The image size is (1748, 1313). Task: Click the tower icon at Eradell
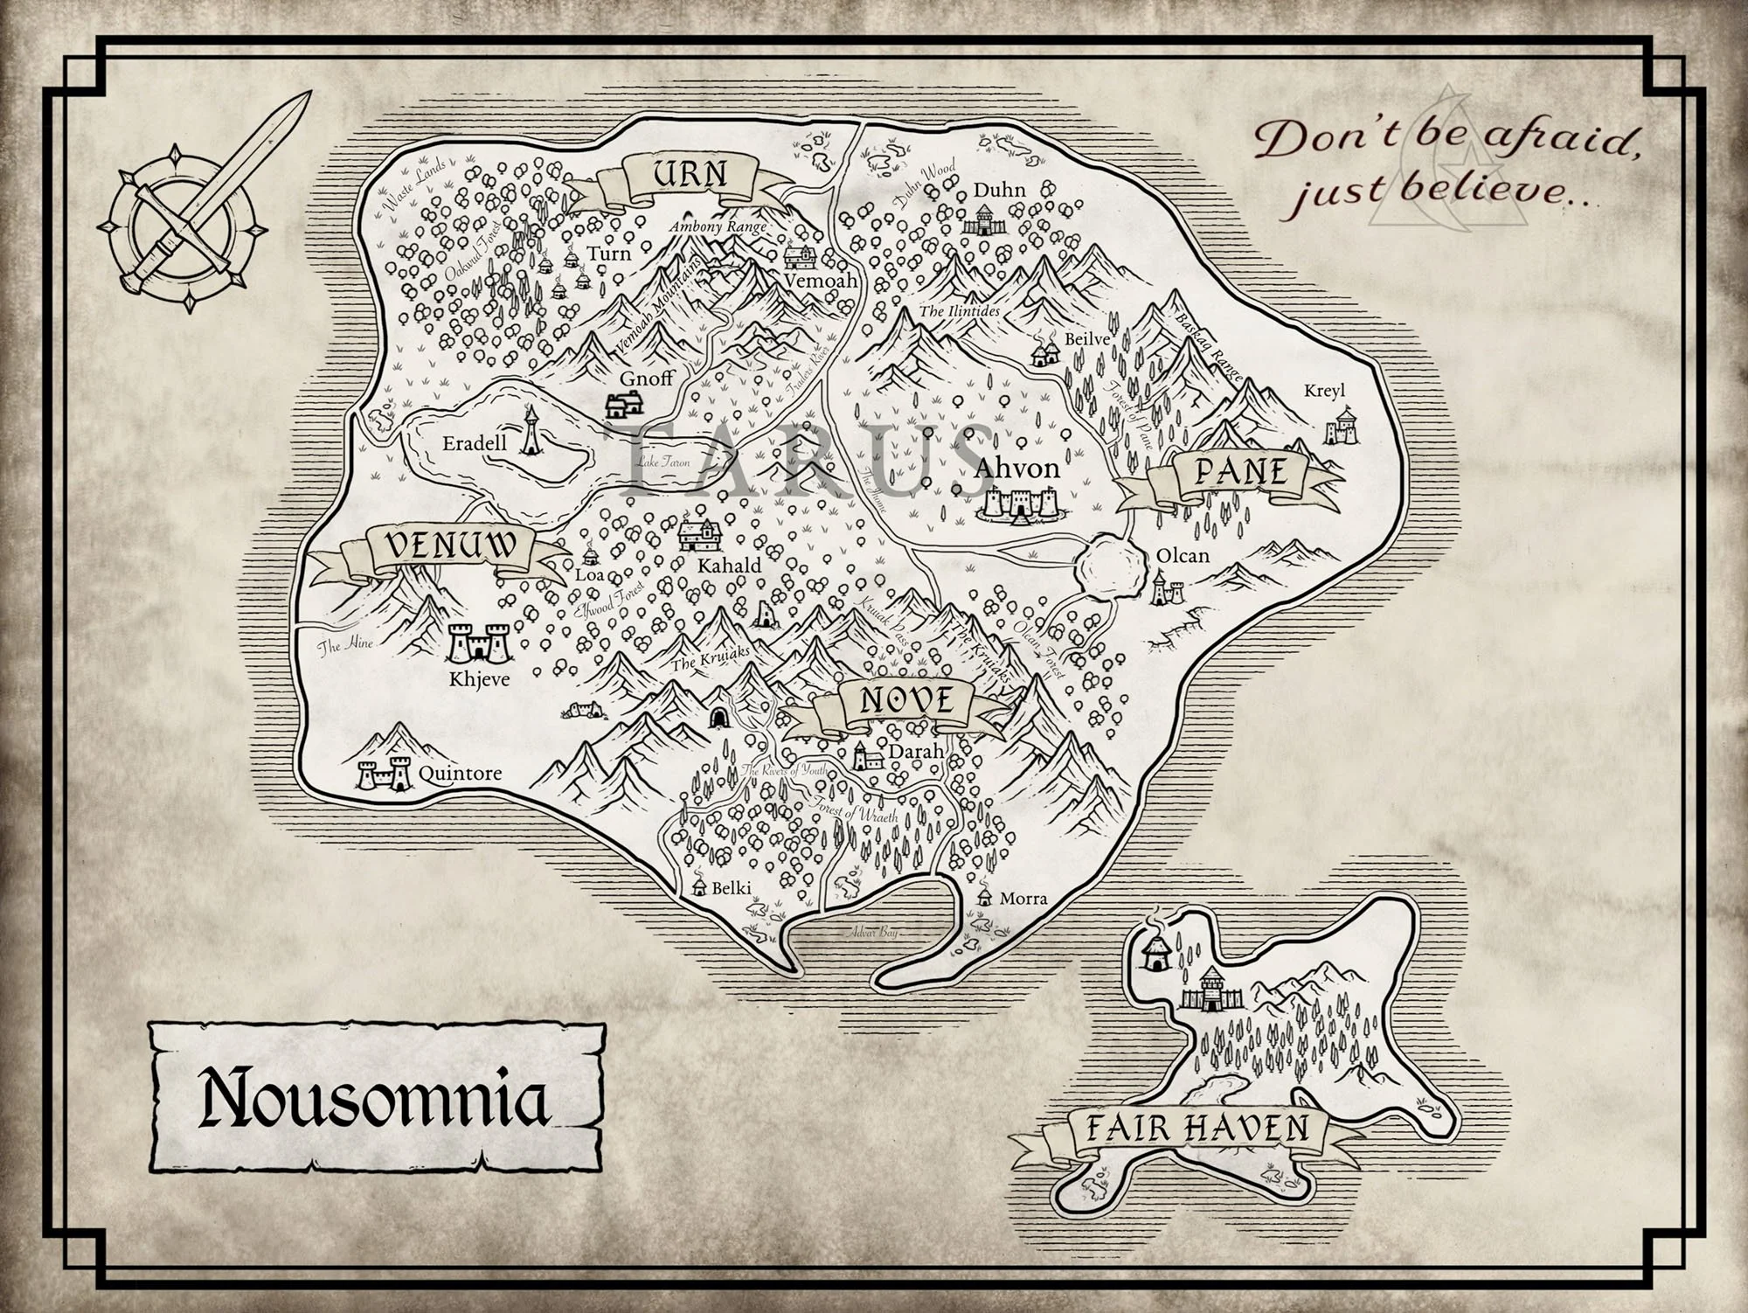click(531, 431)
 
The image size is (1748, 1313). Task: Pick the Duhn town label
click(1000, 190)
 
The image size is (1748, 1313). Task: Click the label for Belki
click(731, 888)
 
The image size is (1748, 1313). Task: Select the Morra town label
click(1023, 898)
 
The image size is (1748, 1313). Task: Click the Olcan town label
click(1183, 555)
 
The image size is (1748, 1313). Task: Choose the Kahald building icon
click(701, 535)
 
